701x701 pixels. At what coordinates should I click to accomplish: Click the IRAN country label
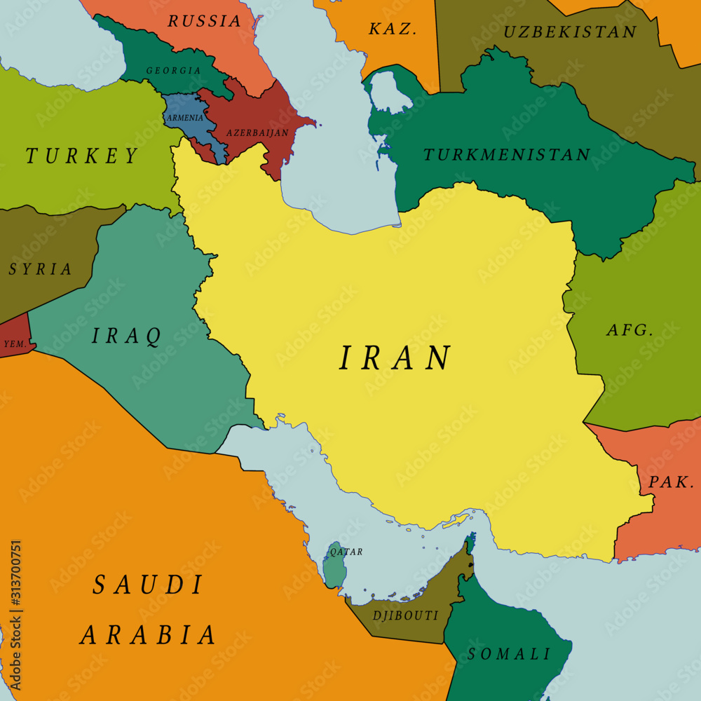[395, 358]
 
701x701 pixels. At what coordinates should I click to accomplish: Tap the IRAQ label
[127, 336]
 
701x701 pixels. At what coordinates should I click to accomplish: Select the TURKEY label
[83, 156]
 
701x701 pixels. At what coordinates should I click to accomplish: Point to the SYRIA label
[40, 269]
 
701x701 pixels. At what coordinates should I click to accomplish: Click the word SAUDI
[148, 585]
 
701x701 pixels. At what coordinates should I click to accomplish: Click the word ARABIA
[148, 635]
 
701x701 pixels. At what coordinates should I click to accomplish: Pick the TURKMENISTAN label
[506, 155]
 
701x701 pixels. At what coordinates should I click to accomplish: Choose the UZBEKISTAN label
[570, 32]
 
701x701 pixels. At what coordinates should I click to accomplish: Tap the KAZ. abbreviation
[393, 29]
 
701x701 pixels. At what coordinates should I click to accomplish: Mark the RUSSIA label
[204, 21]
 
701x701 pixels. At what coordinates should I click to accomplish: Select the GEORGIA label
[173, 71]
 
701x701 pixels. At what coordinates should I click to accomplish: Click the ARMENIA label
[184, 118]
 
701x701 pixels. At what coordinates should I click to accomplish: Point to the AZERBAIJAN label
[257, 132]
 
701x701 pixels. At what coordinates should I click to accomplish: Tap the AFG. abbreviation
[629, 330]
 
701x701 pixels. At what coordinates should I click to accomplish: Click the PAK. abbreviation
[671, 482]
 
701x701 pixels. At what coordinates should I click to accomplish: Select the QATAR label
[346, 552]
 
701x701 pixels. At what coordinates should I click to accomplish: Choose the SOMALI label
[510, 654]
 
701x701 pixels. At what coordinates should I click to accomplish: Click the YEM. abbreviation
[15, 344]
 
